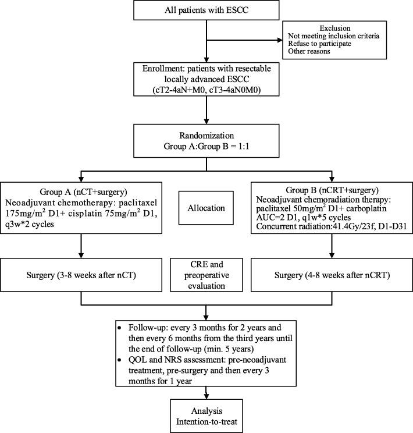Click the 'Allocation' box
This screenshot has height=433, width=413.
(x=206, y=207)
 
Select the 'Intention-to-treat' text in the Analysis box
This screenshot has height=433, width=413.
(x=206, y=417)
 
